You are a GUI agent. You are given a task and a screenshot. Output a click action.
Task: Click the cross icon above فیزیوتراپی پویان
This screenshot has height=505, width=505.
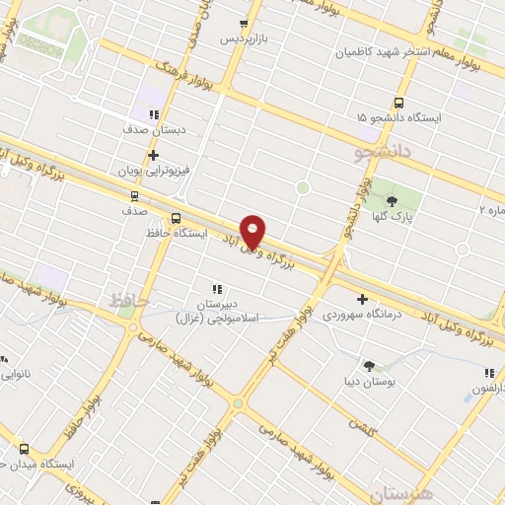pos(153,155)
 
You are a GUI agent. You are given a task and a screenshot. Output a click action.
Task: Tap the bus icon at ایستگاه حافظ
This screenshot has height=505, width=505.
pos(176,218)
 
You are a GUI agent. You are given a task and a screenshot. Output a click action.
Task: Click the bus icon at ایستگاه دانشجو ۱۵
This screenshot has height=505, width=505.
pos(399,103)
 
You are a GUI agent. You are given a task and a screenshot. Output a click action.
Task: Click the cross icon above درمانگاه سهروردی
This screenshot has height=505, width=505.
pos(362,299)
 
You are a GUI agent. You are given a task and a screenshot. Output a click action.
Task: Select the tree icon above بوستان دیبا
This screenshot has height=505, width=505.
pos(369,365)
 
